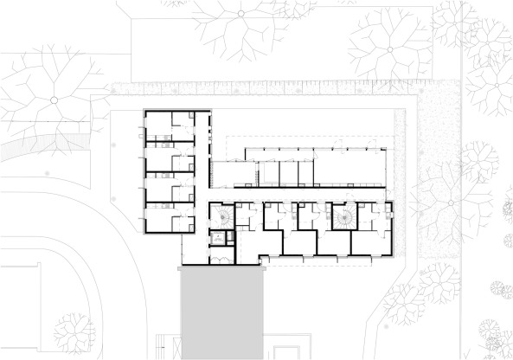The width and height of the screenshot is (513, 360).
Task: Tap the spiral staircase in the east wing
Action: point(344,215)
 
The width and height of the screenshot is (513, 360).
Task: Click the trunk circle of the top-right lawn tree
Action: point(389,49)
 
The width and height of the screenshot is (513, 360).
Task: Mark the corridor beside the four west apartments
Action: point(205,173)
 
